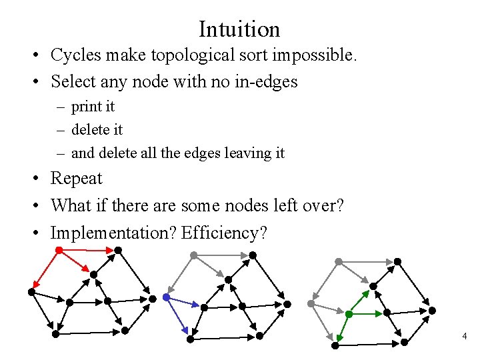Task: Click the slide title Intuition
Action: (x=239, y=29)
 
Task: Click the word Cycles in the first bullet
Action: (x=73, y=55)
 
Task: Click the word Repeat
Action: (x=77, y=179)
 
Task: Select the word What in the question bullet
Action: (x=71, y=205)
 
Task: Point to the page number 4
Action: (x=465, y=337)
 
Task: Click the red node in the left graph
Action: (x=59, y=250)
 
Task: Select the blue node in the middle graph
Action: (x=165, y=297)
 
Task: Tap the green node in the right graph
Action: (x=349, y=313)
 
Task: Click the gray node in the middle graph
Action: (x=193, y=255)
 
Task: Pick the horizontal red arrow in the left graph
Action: (x=87, y=251)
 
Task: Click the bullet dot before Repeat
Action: (x=40, y=179)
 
